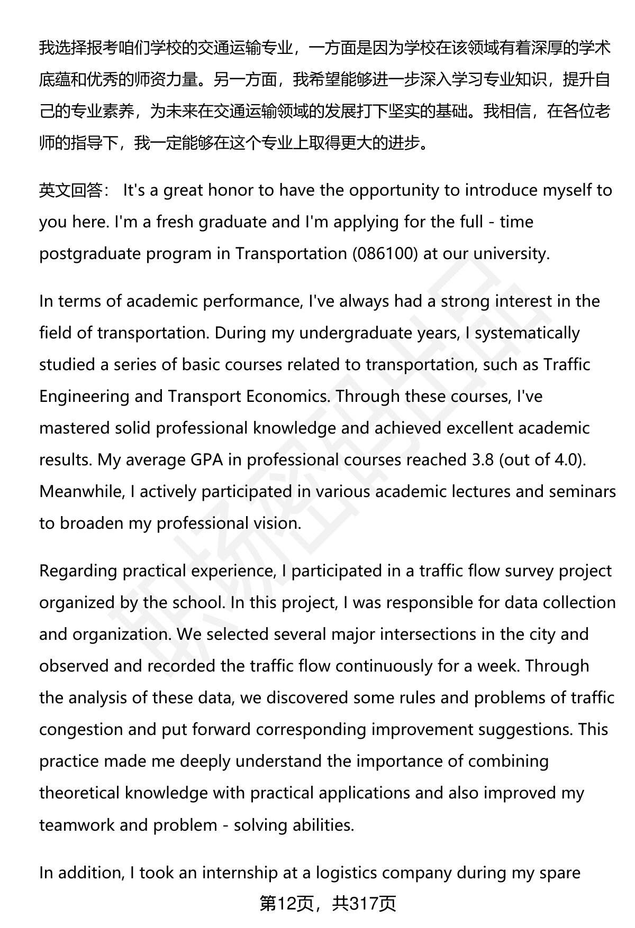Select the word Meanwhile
[x=79, y=492]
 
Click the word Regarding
[x=78, y=571]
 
